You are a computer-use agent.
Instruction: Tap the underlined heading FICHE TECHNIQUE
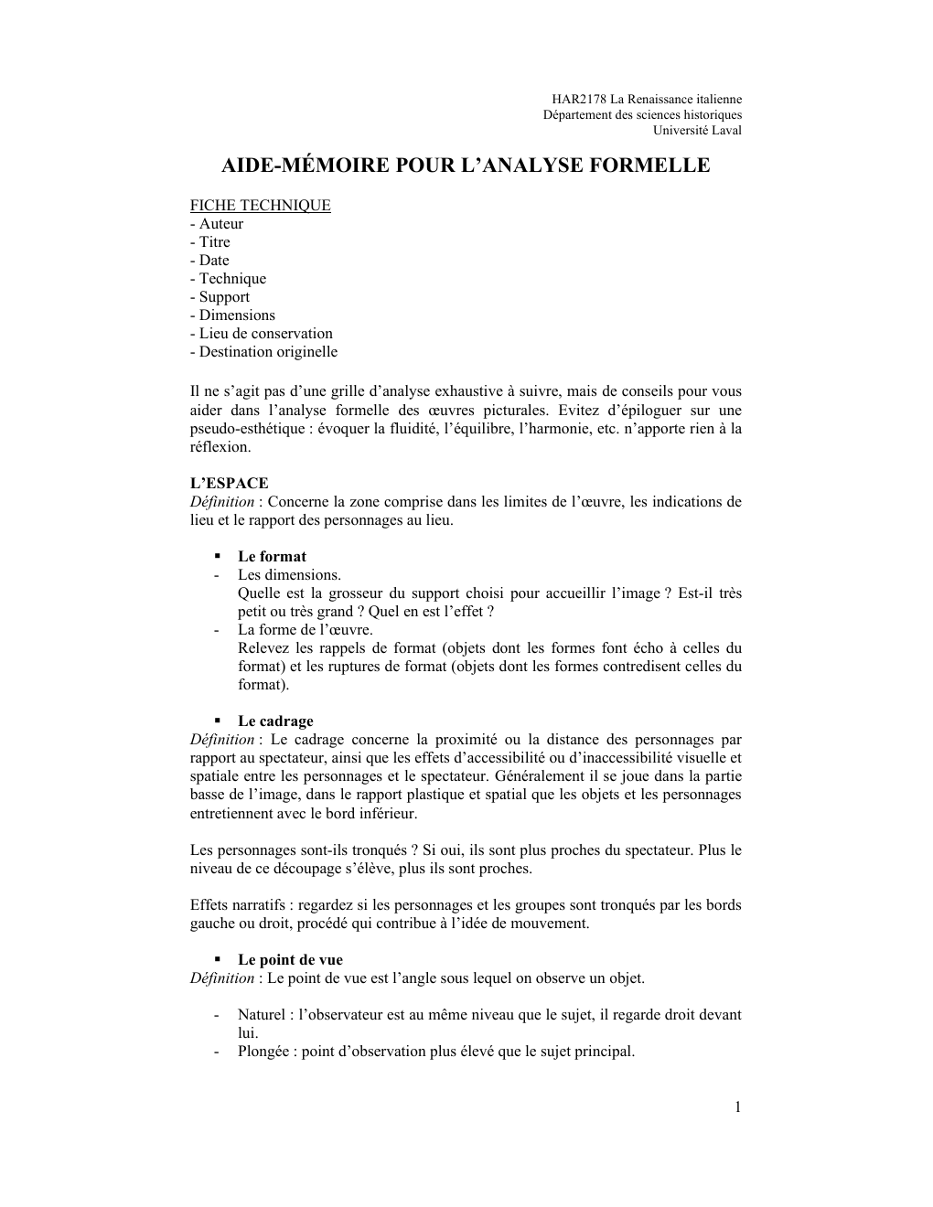coord(260,205)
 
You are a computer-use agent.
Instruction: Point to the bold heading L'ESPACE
coord(229,484)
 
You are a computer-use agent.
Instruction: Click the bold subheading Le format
coord(272,557)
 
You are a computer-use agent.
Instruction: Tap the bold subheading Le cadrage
coord(275,721)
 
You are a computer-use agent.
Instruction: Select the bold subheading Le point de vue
coord(290,960)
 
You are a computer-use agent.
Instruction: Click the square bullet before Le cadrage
coord(219,721)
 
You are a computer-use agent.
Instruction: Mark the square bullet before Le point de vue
coord(219,960)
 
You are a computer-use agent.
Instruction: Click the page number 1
coord(737,1107)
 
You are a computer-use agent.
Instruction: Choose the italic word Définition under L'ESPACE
coord(222,502)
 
